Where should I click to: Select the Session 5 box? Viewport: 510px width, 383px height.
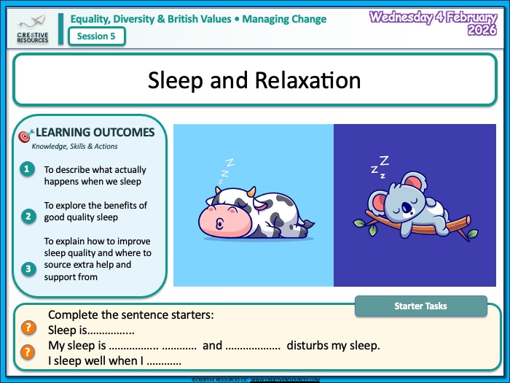click(x=96, y=36)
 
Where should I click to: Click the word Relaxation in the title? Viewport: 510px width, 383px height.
click(x=307, y=80)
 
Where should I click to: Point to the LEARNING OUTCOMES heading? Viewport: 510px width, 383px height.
click(x=95, y=132)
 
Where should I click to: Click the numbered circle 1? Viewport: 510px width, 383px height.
click(x=28, y=169)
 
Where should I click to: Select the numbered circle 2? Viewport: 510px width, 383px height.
click(x=28, y=216)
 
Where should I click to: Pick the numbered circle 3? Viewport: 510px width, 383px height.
click(x=28, y=268)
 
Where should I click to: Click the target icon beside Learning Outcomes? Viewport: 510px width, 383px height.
click(x=25, y=136)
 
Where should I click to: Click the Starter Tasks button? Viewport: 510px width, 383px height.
click(x=420, y=306)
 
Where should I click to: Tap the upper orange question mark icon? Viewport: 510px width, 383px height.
click(x=28, y=328)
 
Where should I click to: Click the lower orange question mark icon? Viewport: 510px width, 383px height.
click(x=28, y=352)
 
